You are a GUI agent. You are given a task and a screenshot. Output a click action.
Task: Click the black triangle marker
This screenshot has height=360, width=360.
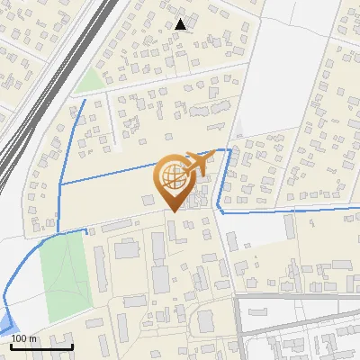(x=181, y=24)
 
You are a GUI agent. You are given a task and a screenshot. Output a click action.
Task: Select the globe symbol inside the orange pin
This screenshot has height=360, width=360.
(x=175, y=175)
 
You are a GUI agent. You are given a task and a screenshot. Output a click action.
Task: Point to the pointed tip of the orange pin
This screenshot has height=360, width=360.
(x=175, y=210)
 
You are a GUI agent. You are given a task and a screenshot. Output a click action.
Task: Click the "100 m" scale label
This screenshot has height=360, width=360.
(x=24, y=338)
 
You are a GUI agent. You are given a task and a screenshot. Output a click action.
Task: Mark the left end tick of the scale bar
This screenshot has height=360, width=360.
(x=10, y=346)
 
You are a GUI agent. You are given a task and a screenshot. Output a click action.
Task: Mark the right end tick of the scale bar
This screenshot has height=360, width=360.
(x=73, y=346)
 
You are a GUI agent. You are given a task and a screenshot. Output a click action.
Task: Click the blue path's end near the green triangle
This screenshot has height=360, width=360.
(x=86, y=100)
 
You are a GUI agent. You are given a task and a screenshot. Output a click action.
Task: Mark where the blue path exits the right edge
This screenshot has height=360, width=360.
(x=358, y=209)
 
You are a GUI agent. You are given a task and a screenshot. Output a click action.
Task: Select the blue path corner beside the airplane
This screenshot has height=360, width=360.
(x=229, y=150)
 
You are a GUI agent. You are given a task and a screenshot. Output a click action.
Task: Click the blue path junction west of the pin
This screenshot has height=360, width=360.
(x=59, y=184)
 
